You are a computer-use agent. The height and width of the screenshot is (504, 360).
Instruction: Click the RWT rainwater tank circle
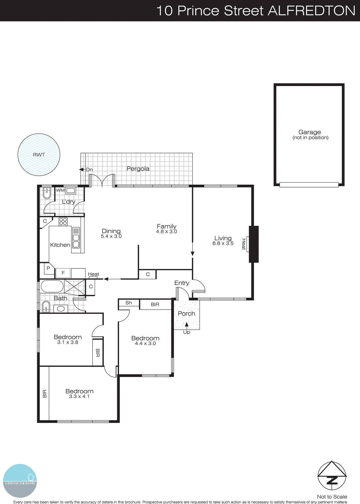pos(39,155)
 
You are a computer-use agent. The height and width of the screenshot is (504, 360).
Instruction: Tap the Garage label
pos(310,132)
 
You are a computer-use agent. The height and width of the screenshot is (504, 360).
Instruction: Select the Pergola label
pos(138,169)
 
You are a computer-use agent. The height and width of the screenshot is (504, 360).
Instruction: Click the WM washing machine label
pos(60,190)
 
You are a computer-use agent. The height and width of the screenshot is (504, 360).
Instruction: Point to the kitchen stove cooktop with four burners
pos(63,221)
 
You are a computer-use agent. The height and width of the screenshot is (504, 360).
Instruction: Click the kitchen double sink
pos(76,238)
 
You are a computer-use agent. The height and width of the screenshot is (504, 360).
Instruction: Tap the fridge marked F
pos(63,273)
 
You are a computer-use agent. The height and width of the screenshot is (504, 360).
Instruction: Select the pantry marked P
pos(48,268)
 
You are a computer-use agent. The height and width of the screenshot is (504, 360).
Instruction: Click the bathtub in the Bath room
pos(52,287)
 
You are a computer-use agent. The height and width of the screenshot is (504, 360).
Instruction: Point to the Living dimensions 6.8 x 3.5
pos(223,243)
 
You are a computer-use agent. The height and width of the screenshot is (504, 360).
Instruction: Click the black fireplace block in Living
pos(254,244)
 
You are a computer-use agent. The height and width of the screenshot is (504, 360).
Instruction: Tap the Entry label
pos(182,283)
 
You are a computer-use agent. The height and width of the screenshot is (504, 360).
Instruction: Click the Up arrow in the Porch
pos(186,325)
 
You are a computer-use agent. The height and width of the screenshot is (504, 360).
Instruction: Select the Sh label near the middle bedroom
pos(129,303)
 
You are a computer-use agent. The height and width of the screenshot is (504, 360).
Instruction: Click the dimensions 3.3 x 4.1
pos(79,397)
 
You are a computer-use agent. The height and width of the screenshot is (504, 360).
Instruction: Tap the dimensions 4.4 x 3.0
pos(145,344)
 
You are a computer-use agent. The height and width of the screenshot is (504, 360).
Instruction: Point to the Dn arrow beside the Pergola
pos(82,169)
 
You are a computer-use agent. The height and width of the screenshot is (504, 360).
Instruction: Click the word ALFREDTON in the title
pos(311,11)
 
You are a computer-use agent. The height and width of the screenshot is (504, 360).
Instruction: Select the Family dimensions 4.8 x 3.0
pos(166,232)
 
